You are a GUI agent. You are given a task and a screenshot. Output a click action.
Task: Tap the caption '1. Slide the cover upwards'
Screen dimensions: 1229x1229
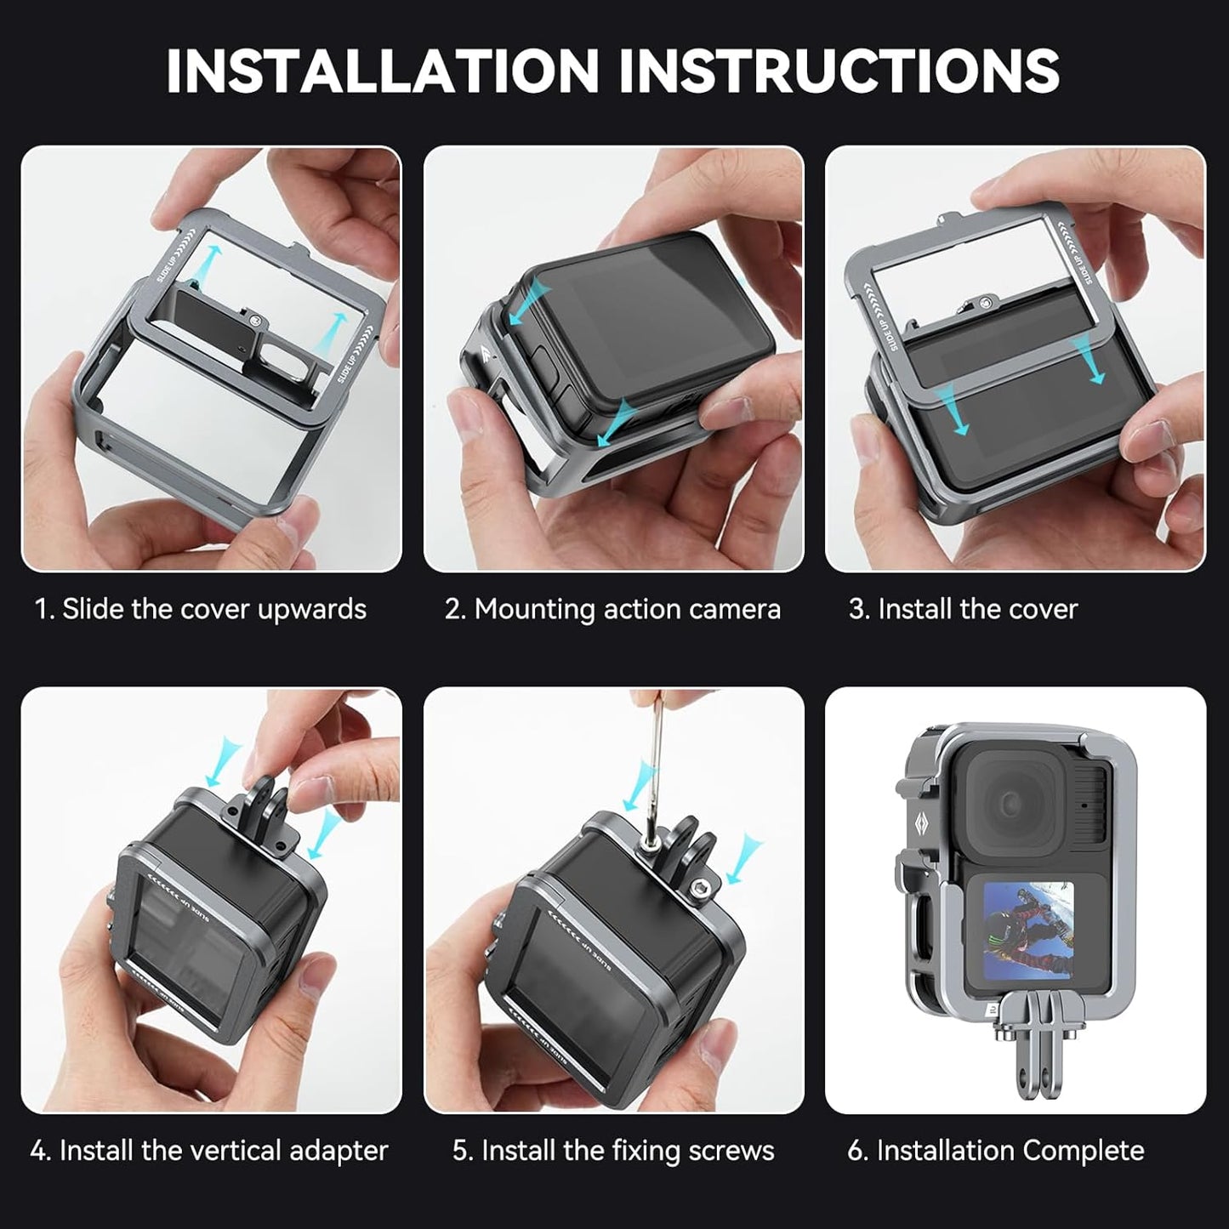201,609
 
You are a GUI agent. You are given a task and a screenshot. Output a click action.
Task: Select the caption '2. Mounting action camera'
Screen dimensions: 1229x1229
612,609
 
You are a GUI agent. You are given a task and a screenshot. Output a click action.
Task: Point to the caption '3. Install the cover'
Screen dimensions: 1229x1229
963,609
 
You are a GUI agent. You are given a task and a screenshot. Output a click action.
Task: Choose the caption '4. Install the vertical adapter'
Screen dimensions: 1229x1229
209,1151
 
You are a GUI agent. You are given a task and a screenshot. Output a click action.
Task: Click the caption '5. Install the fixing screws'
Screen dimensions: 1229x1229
613,1151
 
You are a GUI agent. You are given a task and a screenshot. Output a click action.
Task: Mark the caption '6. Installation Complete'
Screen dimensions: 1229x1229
996,1151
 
